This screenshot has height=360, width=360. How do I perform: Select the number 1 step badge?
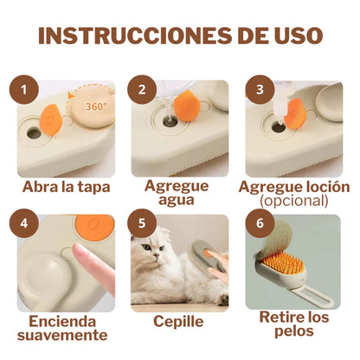(x=29, y=89)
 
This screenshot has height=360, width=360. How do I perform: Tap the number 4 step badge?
(x=29, y=223)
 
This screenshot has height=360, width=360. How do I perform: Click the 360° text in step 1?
(x=97, y=106)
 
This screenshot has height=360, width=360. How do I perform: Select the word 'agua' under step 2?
(x=177, y=201)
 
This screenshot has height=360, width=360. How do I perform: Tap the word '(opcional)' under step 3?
(x=293, y=201)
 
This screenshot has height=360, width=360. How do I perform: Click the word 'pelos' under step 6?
(x=294, y=333)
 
